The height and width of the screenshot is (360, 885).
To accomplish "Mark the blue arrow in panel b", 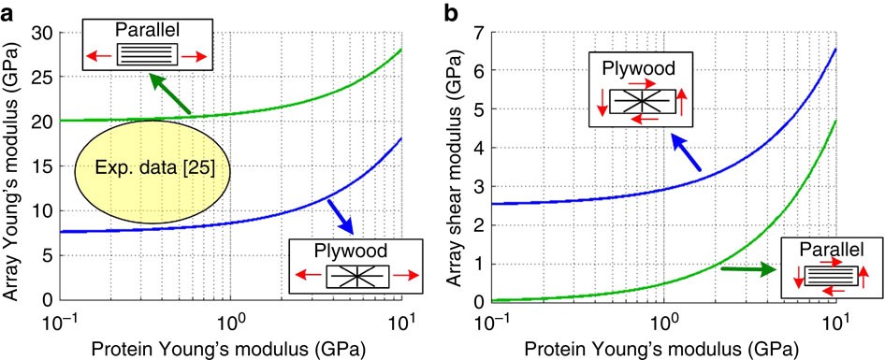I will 685,152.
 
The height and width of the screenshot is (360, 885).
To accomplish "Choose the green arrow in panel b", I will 748,269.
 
